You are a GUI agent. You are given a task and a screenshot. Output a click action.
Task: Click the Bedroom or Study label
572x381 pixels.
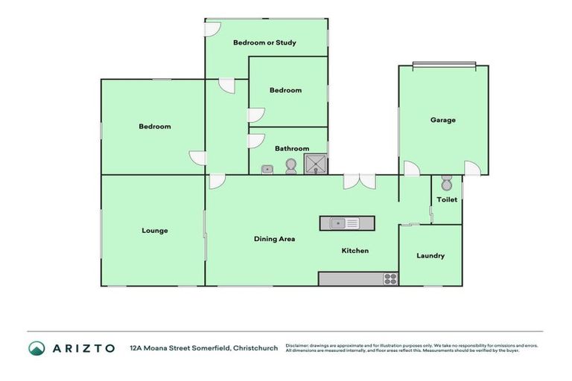coord(264,42)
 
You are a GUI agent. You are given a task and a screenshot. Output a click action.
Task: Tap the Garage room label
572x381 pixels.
coord(442,120)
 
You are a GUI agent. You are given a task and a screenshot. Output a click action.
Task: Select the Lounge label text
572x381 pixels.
coord(154,231)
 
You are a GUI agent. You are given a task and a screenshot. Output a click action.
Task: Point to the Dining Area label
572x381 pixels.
coord(274,239)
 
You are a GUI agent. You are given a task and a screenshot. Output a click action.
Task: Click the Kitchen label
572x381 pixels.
coord(355,251)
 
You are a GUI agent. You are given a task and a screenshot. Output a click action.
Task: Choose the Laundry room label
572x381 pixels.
coord(430,256)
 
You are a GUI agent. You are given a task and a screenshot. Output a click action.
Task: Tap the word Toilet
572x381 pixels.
coord(447,200)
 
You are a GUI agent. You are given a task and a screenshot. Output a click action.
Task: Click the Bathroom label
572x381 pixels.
coord(292,149)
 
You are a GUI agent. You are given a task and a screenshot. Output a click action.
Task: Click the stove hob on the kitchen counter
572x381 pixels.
coord(390,279)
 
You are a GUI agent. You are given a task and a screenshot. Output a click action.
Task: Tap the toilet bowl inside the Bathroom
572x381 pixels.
coord(290,167)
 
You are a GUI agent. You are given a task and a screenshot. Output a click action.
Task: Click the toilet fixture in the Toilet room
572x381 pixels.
coord(446,183)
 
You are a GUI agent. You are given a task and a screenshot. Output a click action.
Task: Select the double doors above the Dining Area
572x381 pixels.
coord(360,181)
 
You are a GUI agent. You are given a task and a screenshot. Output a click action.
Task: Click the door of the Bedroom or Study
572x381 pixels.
coord(213,28)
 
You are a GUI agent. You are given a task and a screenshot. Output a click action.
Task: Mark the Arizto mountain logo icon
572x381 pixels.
coord(36,348)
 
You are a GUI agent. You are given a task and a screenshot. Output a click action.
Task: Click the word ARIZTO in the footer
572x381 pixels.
coord(83,348)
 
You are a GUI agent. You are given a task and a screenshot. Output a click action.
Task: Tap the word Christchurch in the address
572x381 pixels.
coord(255,348)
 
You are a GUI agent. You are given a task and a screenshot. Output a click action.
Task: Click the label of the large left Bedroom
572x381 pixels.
coord(154,127)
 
